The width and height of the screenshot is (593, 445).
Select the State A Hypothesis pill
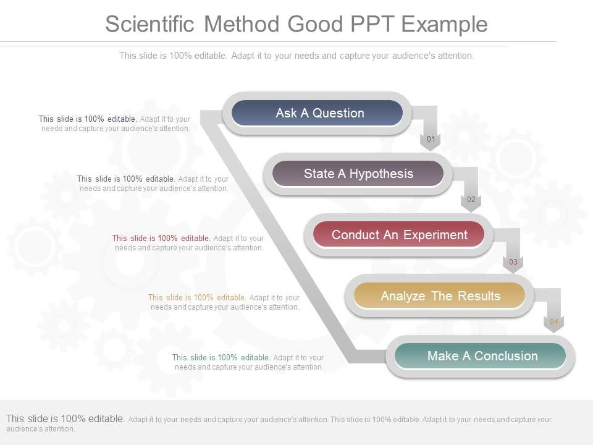pos(358,174)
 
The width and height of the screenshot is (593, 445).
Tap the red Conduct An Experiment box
pos(398,235)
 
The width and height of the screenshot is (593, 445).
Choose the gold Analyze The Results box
pos(440,296)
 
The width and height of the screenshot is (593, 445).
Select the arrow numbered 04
pos(553,322)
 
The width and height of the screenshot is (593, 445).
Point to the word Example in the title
pos(444,24)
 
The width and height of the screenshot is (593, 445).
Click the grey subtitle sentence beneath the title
pos(296,56)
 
